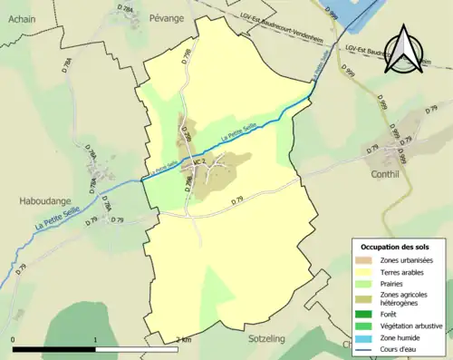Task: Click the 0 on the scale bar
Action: tap(13, 340)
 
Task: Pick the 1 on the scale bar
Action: tap(96, 340)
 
